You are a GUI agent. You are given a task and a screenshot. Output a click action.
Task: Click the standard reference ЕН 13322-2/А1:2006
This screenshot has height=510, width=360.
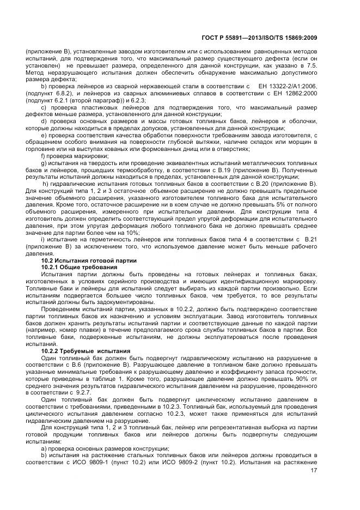pos(287,86)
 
